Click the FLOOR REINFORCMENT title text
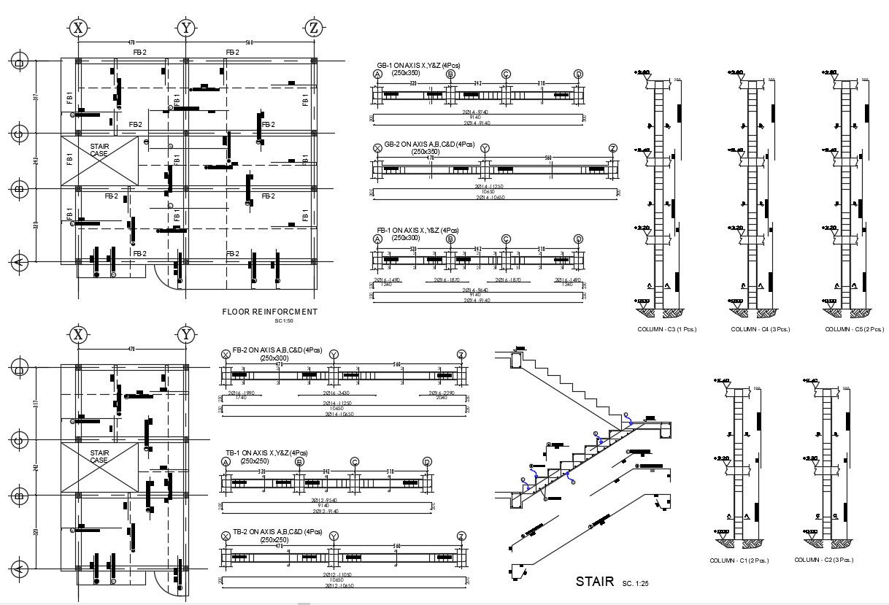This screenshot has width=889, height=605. [x=269, y=312]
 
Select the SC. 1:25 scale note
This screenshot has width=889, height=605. [x=636, y=584]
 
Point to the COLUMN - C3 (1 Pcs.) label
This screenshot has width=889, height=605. [x=667, y=329]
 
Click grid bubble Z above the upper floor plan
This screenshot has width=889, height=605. [x=313, y=28]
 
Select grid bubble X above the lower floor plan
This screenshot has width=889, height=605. [x=78, y=335]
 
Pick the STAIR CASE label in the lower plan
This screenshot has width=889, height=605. [x=99, y=457]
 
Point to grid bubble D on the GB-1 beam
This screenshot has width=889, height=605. [x=578, y=74]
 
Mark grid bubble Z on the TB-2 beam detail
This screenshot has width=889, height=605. [x=461, y=536]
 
